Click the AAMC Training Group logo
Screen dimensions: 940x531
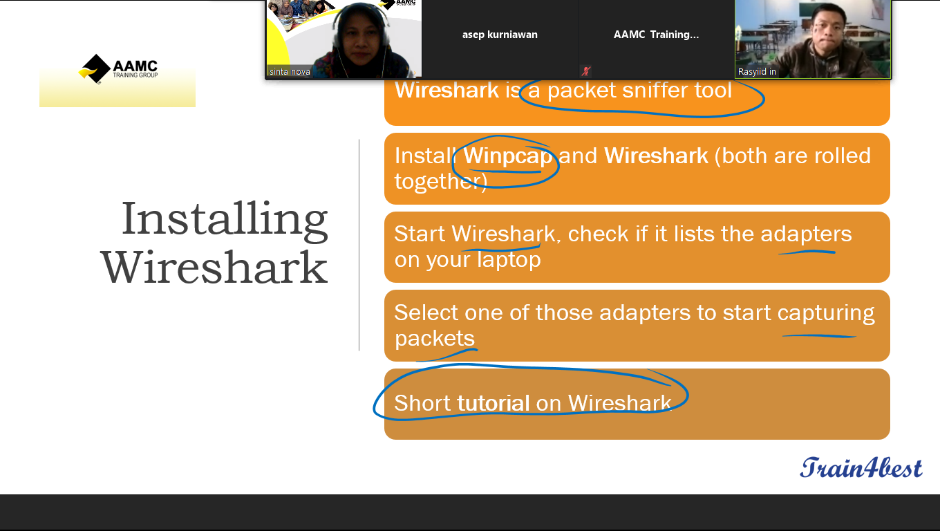(x=118, y=69)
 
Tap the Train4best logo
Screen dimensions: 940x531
(x=861, y=467)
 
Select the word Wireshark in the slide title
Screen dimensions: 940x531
(x=214, y=268)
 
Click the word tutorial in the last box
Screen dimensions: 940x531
(x=493, y=403)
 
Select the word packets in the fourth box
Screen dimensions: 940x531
(x=434, y=338)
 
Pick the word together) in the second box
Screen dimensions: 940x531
(x=441, y=182)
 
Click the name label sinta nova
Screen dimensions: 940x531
(x=290, y=72)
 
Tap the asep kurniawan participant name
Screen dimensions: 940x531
(x=500, y=35)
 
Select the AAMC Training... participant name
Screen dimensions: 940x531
(x=657, y=35)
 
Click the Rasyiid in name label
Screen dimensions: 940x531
(x=757, y=72)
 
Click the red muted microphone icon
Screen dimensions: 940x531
(x=586, y=71)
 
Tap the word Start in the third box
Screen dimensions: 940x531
(x=420, y=234)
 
